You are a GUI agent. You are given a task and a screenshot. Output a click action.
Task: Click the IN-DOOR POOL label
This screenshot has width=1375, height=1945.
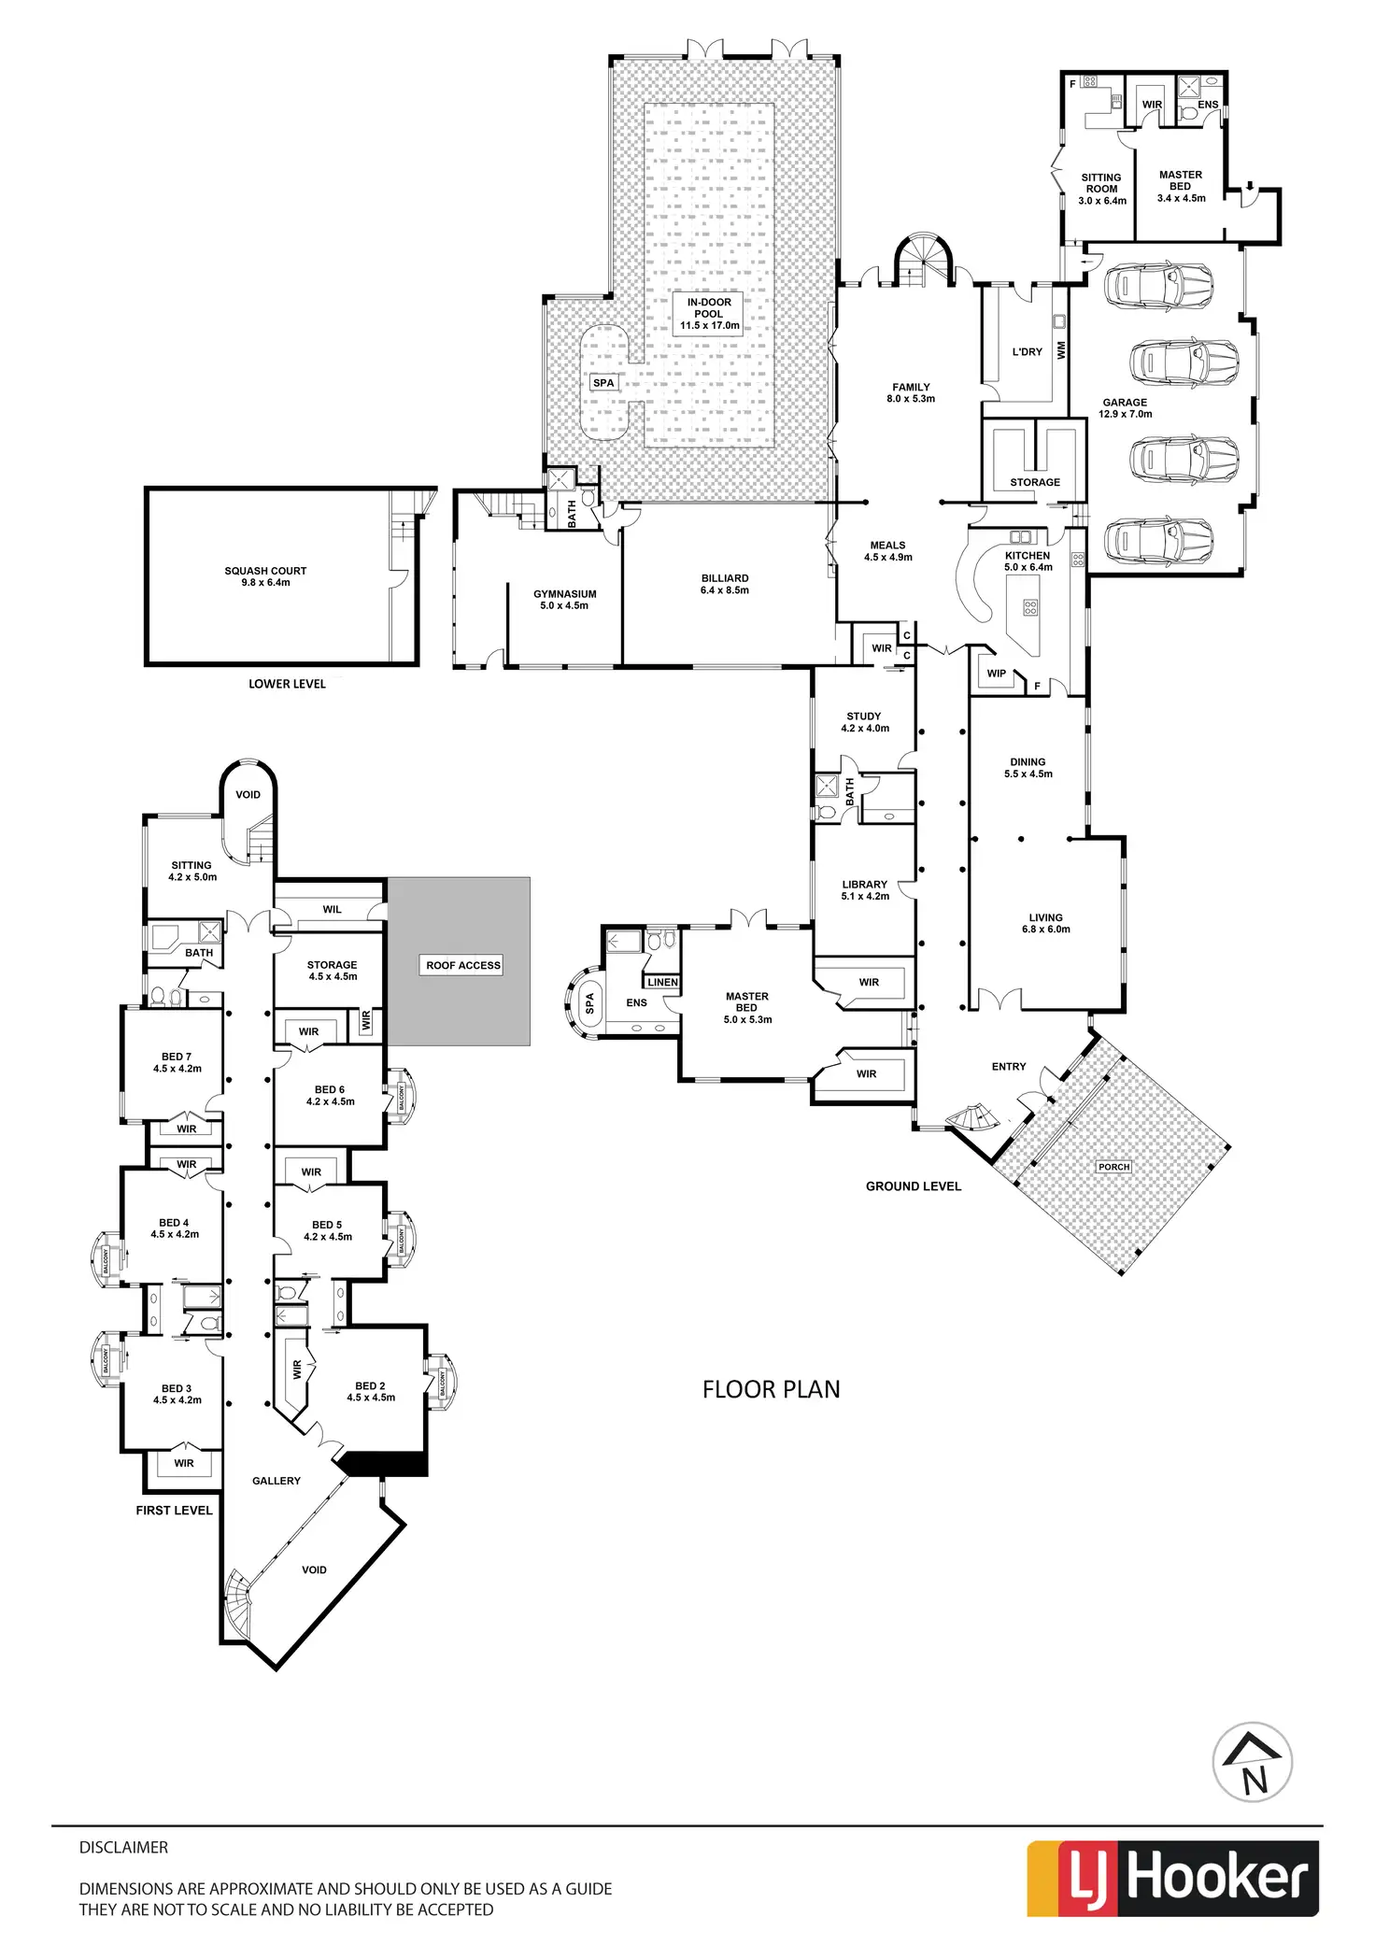coord(709,314)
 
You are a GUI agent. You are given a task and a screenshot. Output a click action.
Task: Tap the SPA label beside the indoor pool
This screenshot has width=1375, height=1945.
coord(603,383)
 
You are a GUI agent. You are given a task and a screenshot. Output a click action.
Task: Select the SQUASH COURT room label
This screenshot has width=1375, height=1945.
coord(265,576)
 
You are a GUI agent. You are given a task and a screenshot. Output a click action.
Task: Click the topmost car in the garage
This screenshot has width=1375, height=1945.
coord(1158,285)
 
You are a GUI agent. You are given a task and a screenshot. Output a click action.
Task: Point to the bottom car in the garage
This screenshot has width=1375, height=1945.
coord(1158,539)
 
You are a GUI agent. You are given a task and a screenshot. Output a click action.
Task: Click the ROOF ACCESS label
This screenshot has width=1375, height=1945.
coord(463,965)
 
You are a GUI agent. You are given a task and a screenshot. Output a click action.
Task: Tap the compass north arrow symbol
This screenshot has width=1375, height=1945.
coord(1252,1762)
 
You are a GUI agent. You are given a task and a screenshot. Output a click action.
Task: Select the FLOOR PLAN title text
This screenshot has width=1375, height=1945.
coord(771,1390)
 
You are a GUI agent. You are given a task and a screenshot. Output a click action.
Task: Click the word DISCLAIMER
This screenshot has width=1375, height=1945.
coord(123,1847)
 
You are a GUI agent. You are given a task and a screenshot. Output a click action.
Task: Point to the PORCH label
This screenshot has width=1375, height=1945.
coord(1114,1167)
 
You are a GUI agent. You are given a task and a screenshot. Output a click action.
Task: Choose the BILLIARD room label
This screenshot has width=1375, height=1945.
coord(725,584)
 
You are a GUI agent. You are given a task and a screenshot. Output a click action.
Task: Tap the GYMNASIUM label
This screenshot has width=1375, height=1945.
coord(564,599)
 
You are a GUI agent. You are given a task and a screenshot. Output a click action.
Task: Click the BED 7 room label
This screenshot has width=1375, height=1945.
coord(177,1062)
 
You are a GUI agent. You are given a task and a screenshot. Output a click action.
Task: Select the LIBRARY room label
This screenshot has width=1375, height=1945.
coord(865,889)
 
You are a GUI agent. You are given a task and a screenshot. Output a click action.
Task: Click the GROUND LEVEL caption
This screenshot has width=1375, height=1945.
coord(913,1186)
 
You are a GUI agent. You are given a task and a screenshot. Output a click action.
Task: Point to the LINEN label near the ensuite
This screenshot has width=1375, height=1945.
coord(662,982)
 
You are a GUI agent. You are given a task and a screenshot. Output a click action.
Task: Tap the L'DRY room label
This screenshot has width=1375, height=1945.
coord(1027,352)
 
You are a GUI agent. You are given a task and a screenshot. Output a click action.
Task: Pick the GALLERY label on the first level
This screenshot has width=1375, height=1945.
coord(276,1481)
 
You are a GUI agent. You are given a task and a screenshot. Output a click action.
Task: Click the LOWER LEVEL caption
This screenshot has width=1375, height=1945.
coord(287,684)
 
